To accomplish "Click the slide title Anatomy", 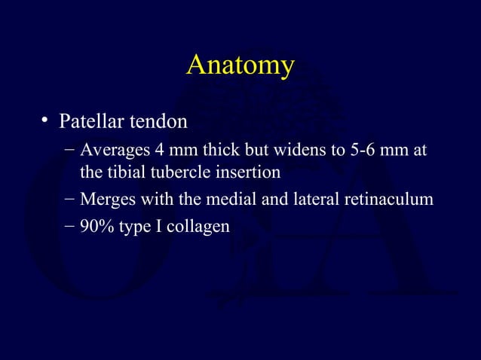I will click(240, 66).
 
